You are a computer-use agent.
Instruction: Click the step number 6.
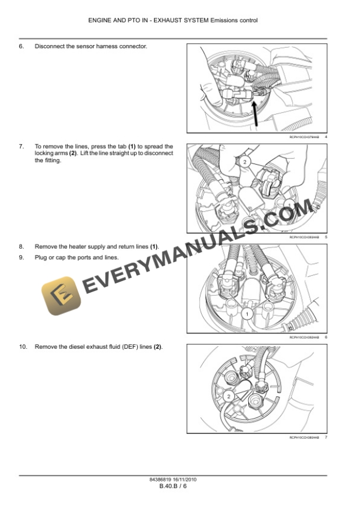[x=21, y=46]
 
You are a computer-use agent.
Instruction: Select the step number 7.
[x=21, y=146]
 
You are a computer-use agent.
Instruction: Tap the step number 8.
[x=21, y=246]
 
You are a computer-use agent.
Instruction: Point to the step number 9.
[x=21, y=258]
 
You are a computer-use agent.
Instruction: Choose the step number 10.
[x=22, y=347]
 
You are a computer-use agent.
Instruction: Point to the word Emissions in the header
[x=221, y=21]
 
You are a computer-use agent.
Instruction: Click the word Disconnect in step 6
[x=49, y=46]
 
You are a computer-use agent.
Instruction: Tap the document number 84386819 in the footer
[x=162, y=480]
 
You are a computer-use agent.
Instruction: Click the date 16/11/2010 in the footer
[x=187, y=480]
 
